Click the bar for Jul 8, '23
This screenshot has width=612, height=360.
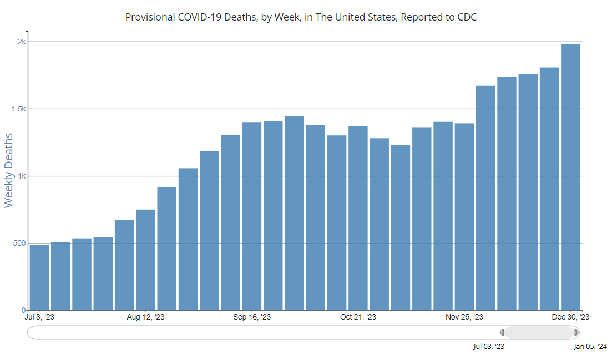(x=39, y=277)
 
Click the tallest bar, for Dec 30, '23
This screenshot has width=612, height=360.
(x=570, y=178)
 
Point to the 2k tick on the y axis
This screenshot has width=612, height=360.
(x=21, y=42)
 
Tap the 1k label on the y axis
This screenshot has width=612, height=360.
(x=21, y=176)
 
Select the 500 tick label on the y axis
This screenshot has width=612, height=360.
(x=18, y=244)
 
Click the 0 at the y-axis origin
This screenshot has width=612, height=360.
(x=24, y=310)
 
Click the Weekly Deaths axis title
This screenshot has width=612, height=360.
(x=8, y=170)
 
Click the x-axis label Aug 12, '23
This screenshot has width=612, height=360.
(x=145, y=317)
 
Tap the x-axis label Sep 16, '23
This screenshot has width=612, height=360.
(x=252, y=317)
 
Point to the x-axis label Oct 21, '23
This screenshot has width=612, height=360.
(x=358, y=317)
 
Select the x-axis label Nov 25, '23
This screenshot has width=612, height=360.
(x=464, y=317)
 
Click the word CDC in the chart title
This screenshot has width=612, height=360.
(x=467, y=17)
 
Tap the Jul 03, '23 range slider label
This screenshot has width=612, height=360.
(x=489, y=347)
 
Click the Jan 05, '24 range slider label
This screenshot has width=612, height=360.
(x=590, y=347)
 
